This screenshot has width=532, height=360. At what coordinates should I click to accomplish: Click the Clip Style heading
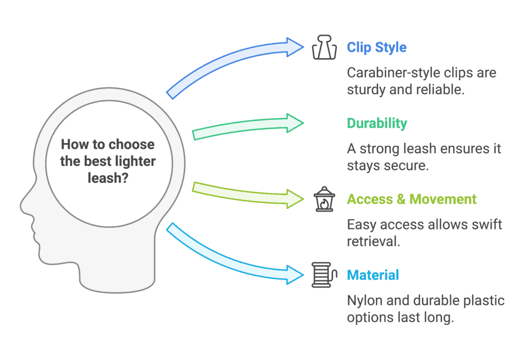point(377,47)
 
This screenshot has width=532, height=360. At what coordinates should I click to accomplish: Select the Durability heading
point(377,123)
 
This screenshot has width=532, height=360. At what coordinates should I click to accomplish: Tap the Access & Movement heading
point(411,199)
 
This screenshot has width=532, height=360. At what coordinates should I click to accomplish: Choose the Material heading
point(373,274)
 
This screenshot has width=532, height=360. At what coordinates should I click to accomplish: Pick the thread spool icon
point(322,275)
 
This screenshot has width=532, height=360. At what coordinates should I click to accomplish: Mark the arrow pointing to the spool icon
point(234,252)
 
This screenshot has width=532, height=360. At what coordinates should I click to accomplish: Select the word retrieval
point(374,241)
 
